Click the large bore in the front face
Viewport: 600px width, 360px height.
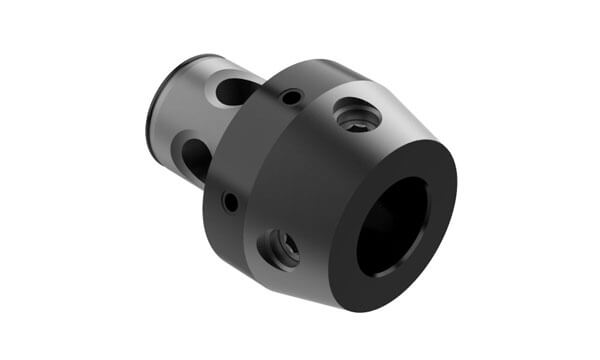tap(391, 227)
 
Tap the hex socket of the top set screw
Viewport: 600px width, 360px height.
tap(357, 119)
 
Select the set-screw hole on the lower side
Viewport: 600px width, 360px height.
tap(279, 247)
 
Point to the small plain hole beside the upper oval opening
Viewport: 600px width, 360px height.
tap(291, 98)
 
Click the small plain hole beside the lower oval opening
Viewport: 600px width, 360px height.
tap(231, 202)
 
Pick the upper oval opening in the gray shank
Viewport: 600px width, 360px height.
tap(237, 92)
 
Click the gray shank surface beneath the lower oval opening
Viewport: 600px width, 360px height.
tap(195, 185)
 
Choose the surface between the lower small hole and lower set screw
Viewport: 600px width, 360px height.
tap(252, 225)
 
